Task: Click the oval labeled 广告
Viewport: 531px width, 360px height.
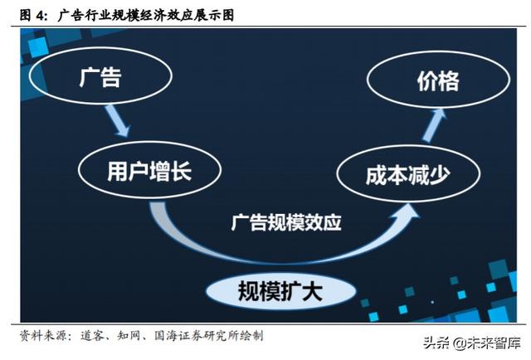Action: point(100,78)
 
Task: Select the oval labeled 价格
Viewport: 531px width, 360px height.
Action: point(436,80)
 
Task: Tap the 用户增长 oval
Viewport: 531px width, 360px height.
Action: point(149,172)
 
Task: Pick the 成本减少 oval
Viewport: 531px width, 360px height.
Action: point(409,175)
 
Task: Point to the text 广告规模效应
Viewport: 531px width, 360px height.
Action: point(285,222)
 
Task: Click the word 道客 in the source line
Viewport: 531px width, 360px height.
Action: point(93,336)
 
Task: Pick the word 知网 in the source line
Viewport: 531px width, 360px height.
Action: point(129,336)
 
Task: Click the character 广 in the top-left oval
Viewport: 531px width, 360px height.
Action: point(90,78)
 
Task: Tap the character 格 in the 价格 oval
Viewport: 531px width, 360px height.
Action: point(449,80)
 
